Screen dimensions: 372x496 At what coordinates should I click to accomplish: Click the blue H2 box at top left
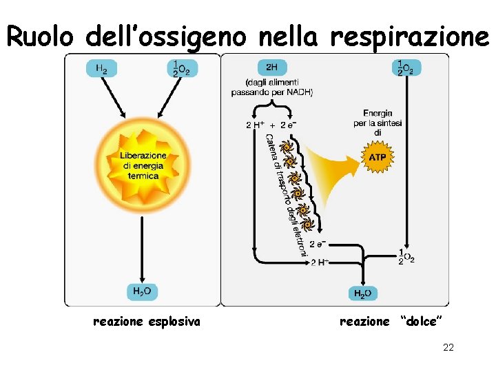point(101,68)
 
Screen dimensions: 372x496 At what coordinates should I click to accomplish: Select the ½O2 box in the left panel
point(183,68)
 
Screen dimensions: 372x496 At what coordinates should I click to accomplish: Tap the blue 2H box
point(272,67)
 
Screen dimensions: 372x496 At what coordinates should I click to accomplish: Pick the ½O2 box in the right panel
point(407,67)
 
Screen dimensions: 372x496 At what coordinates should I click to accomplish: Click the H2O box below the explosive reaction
point(142,292)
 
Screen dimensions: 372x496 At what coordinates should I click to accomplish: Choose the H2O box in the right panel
point(363,293)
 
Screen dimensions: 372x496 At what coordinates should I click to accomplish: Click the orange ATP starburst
point(378,157)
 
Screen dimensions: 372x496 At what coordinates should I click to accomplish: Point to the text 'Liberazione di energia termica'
point(143,165)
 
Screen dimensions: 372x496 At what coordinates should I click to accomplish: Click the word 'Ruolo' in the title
point(43,37)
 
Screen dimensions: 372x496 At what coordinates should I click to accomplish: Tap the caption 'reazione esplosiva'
point(147,321)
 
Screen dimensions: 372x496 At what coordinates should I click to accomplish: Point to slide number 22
point(448,348)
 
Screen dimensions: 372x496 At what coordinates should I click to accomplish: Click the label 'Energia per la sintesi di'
point(378,123)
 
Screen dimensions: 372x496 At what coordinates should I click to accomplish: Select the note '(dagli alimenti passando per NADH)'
point(272,87)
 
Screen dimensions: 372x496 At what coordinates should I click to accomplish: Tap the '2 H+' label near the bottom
point(320,262)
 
